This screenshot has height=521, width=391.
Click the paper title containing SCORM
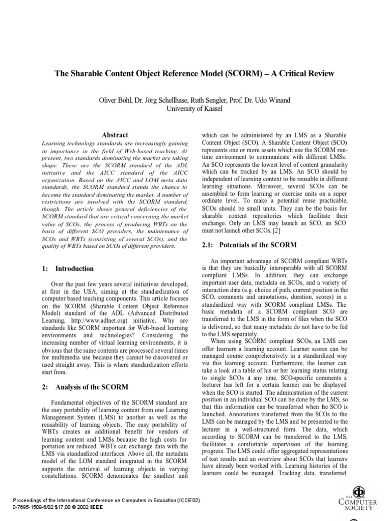(x=194, y=73)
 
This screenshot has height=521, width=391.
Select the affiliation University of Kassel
(x=195, y=109)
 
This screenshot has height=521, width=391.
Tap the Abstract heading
(x=115, y=135)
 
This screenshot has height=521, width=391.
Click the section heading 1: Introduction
(x=67, y=268)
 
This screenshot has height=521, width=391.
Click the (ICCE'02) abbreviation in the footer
(x=186, y=500)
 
